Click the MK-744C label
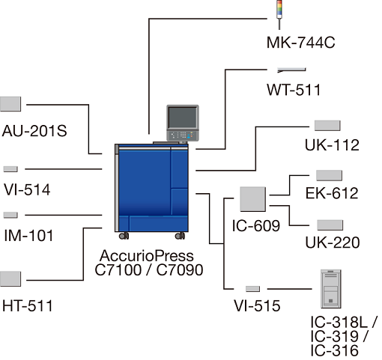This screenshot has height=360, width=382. coord(300,43)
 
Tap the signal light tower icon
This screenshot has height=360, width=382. coord(279,14)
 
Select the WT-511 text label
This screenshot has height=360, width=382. coord(294,90)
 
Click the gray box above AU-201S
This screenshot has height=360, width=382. coord(10,104)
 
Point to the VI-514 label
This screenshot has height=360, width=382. coord(27,189)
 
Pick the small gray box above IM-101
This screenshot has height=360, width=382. coord(10,215)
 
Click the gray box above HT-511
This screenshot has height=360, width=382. coord(10,279)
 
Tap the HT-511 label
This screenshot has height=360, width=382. coord(28,306)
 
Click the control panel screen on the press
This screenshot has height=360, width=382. coord(183,118)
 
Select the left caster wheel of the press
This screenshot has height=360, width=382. coord(124,236)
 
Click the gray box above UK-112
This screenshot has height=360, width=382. coord(327,126)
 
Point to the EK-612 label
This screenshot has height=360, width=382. coord(332,193)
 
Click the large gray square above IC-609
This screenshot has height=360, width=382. coord(252,199)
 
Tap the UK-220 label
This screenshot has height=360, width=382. coord(333,242)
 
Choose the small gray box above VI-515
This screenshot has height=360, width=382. coord(252,289)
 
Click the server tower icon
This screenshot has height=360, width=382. coord(331,289)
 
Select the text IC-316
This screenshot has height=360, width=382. coord(335,351)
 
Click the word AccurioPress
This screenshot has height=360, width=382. coord(147,256)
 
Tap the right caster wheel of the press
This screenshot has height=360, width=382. coord(180,236)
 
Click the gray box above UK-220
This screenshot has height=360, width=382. coord(330,225)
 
